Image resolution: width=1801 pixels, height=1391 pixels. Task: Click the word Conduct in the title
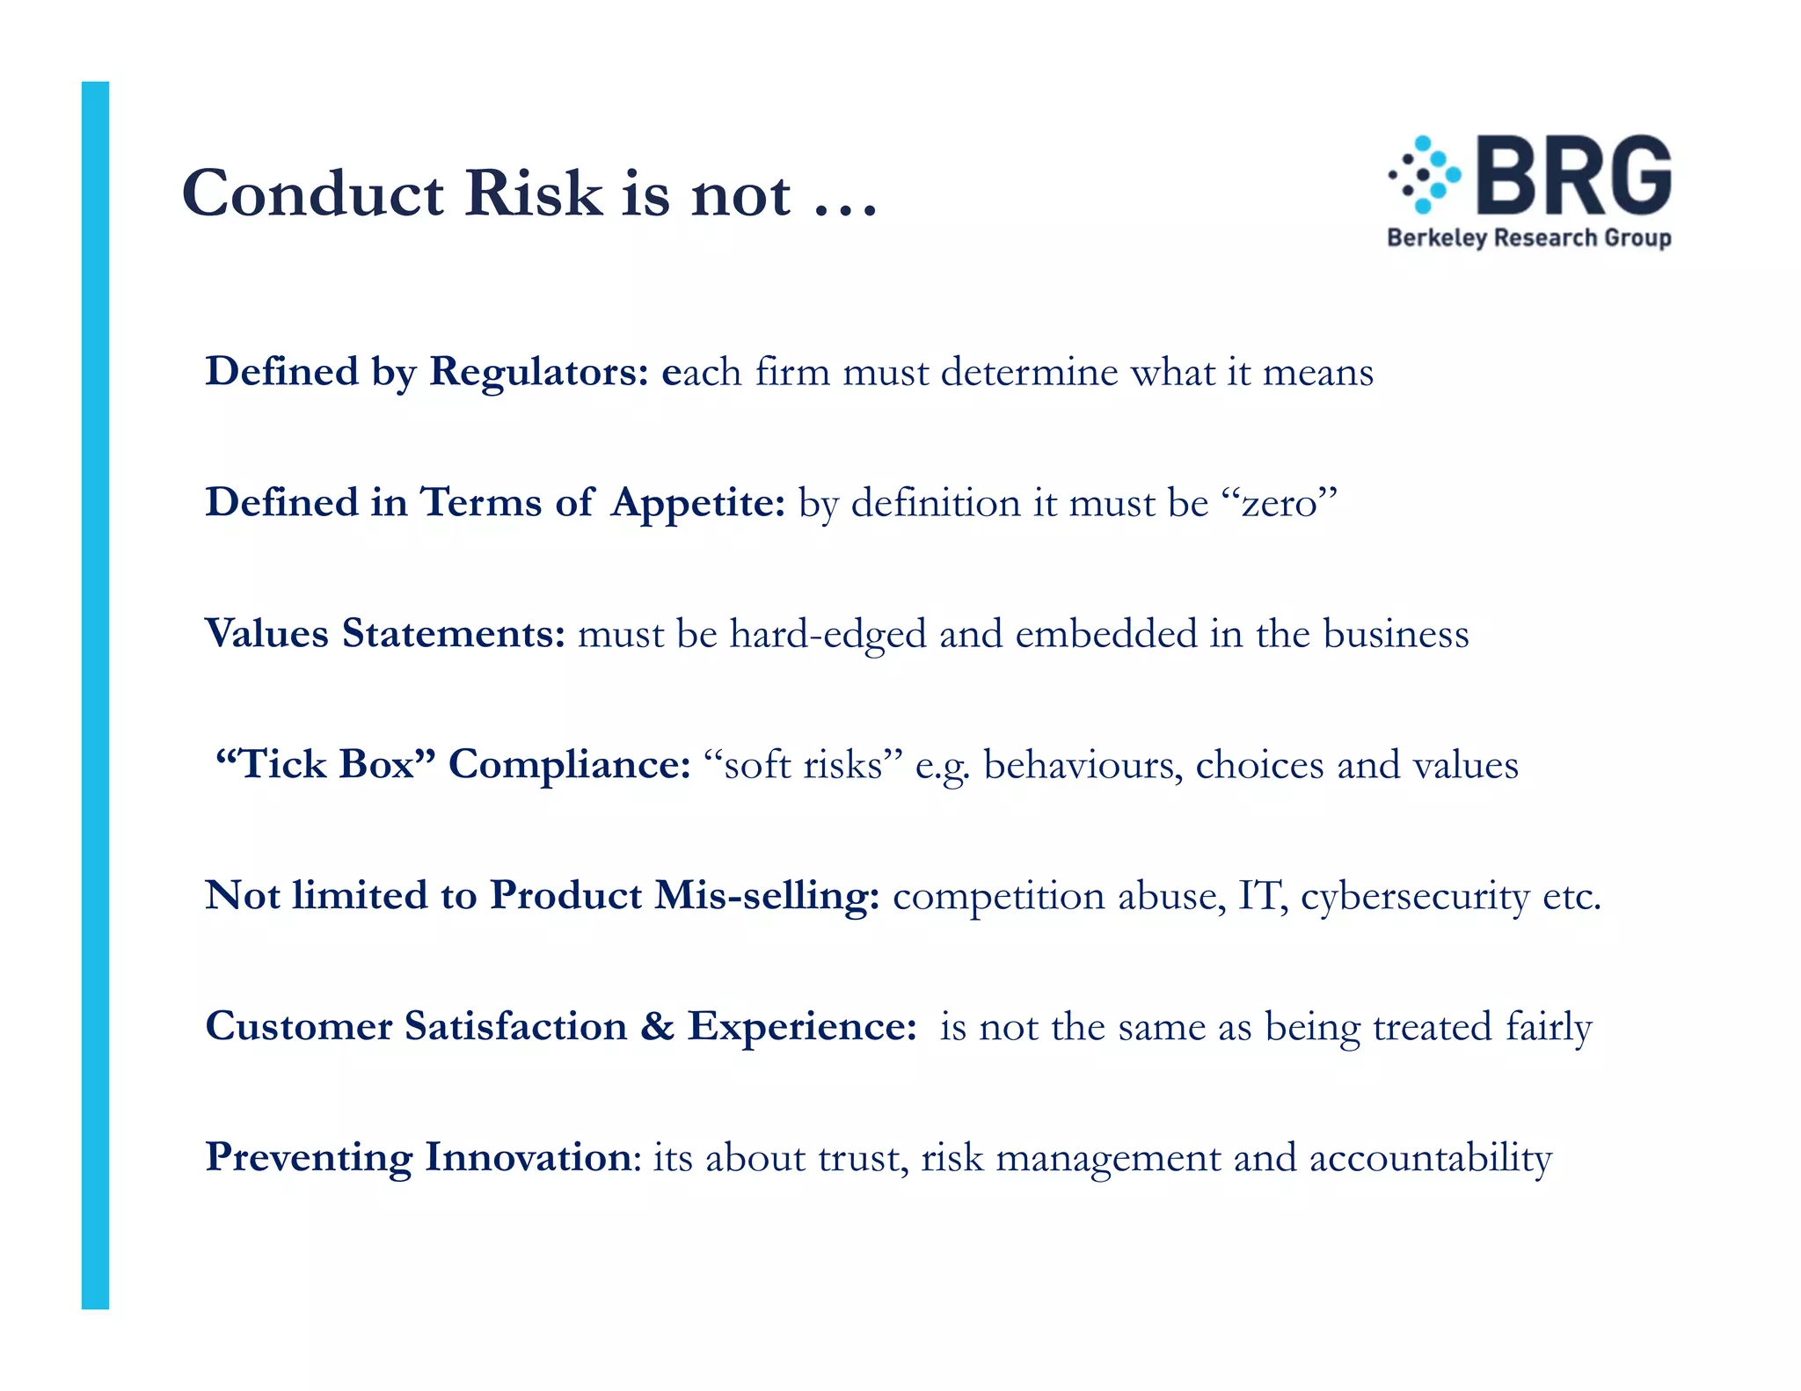click(x=312, y=193)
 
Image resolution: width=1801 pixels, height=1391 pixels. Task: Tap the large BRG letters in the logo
click(x=1574, y=176)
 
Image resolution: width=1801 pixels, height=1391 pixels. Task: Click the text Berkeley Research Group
click(x=1528, y=237)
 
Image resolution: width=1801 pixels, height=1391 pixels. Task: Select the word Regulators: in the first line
click(x=538, y=371)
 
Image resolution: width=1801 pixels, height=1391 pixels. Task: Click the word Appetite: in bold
click(x=697, y=503)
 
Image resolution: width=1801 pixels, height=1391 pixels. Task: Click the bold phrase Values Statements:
click(x=384, y=633)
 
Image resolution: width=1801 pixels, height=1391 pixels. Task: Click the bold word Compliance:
click(x=569, y=764)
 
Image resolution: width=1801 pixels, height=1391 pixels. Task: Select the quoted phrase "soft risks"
click(x=804, y=764)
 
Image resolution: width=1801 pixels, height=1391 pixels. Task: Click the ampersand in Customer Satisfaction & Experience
click(x=657, y=1026)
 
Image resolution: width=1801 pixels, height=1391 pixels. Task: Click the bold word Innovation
click(x=528, y=1157)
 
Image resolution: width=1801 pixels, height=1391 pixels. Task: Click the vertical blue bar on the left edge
click(x=95, y=695)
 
